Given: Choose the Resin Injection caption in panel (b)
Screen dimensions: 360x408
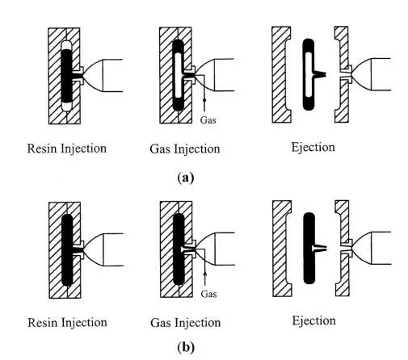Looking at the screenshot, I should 67,323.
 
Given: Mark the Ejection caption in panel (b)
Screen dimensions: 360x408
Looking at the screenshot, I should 313,321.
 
